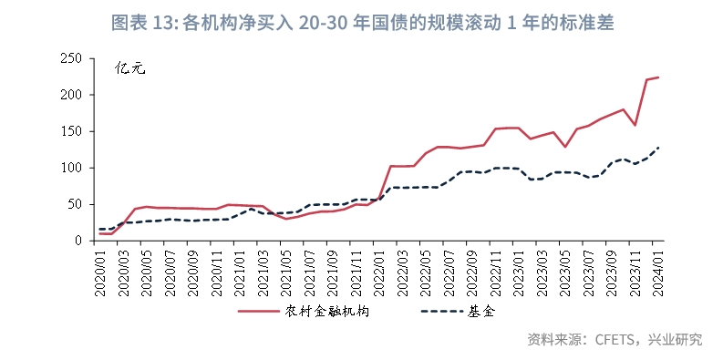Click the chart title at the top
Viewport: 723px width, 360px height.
pos(361,23)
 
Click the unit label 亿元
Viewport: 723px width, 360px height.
pos(129,68)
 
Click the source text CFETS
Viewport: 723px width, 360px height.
pos(619,340)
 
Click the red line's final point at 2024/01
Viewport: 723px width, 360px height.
pos(658,77)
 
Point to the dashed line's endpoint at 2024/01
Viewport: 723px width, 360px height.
pos(658,148)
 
